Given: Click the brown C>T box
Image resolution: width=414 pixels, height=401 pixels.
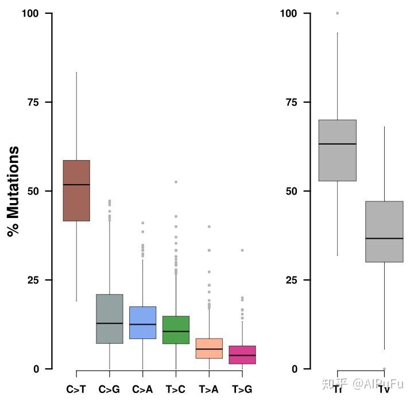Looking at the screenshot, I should tap(76, 190).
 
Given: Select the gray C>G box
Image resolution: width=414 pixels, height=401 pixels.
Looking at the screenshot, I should tap(110, 319).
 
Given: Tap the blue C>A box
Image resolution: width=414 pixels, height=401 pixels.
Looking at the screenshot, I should tap(143, 322).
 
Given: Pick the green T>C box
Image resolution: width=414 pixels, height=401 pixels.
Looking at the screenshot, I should tap(176, 330).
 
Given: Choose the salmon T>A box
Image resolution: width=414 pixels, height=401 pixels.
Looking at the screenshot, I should tap(209, 348).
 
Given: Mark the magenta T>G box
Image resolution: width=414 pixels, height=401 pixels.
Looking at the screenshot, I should tap(242, 355).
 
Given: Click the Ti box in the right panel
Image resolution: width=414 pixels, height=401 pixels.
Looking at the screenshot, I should tap(338, 150).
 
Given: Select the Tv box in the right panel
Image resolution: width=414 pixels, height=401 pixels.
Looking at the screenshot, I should tap(384, 232).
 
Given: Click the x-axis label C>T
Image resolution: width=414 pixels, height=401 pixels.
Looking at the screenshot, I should tap(76, 390).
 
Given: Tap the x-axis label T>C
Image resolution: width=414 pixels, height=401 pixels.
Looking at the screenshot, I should tap(176, 390).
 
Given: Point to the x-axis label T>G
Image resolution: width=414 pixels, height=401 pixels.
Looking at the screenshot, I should tap(242, 390).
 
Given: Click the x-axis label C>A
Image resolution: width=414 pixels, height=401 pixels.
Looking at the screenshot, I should tap(142, 390).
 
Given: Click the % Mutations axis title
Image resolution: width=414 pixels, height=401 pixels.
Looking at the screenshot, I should tap(13, 191).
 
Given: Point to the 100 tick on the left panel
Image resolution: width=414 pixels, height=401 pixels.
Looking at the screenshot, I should tap(31, 13).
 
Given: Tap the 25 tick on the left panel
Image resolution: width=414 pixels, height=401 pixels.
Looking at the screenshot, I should tap(34, 280).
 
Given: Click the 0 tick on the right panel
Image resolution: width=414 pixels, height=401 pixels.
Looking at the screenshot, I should tap(295, 369).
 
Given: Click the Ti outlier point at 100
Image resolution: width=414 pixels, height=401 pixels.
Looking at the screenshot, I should tap(338, 13).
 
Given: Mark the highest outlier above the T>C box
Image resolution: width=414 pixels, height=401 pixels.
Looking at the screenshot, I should tap(176, 182).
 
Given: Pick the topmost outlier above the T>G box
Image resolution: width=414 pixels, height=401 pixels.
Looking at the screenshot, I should tap(242, 250).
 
